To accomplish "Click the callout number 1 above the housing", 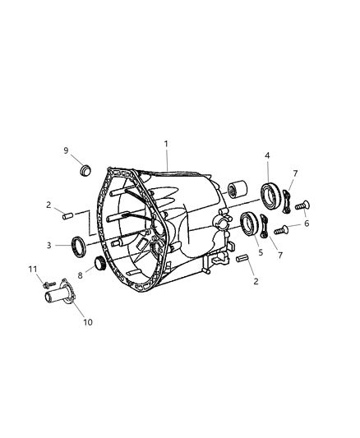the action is coord(166,144).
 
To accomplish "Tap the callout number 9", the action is coord(66,150).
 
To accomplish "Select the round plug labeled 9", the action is coord(85,170).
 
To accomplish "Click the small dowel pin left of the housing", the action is coord(68,216).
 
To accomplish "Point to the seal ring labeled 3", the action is coord(78,246).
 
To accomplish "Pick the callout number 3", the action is coord(48,246).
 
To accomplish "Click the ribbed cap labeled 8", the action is coord(100,263).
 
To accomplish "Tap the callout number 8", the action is coord(81,276).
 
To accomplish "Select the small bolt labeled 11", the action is coord(49,284).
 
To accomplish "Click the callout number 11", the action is coord(33,270).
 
